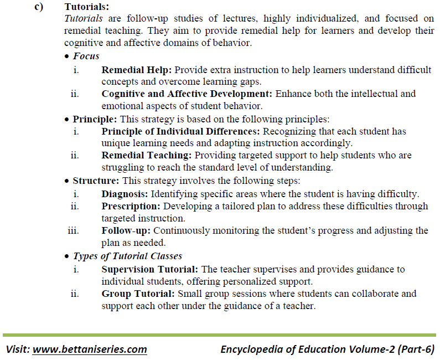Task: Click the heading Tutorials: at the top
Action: pos(87,7)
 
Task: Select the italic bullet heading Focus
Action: pos(86,56)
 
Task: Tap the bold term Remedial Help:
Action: pos(137,70)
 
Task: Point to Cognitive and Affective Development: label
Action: pos(187,94)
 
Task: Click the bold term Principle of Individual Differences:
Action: pos(181,131)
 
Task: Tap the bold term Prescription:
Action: pos(131,206)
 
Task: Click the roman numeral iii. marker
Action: pos(73,230)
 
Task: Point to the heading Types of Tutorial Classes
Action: pos(127,256)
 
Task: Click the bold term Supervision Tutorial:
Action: pos(150,269)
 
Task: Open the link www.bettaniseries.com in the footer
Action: pos(90,349)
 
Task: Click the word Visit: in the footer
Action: pos(18,349)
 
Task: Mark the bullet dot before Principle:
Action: pos(67,120)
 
